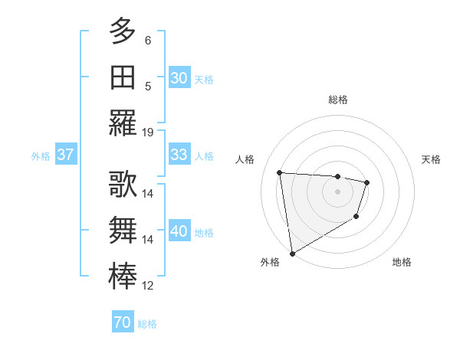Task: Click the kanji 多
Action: pos(123,31)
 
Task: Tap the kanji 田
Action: pos(123,77)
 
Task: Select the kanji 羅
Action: pos(123,123)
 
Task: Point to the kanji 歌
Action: pos(123,185)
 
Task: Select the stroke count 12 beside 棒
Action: pos(148,286)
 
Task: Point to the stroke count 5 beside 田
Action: pos(148,86)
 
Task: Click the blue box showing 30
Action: pos(179,78)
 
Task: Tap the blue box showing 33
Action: pos(179,155)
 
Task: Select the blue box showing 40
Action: pos(179,231)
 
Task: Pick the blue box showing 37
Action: pos(66,155)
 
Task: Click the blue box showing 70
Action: pos(123,323)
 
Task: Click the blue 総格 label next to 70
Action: pos(147,324)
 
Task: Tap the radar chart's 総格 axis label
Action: pos(337,100)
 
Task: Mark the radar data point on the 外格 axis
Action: pos(292,254)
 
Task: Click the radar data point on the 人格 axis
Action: pos(280,172)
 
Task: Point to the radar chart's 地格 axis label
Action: pos(402,262)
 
